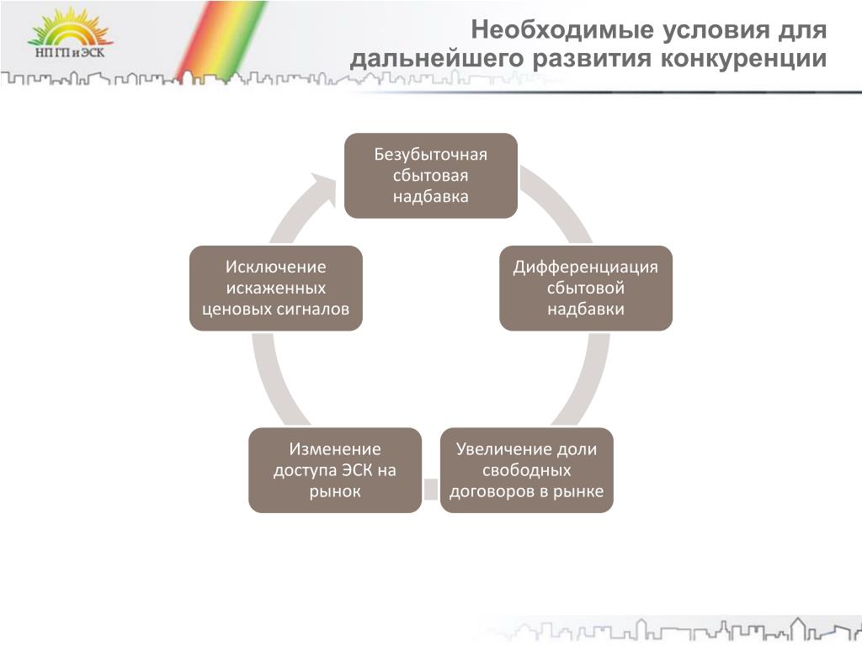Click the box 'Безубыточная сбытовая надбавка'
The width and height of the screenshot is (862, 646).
tap(430, 176)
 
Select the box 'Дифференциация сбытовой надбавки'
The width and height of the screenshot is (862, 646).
tap(586, 288)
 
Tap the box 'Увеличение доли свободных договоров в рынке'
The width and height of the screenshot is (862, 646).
tap(527, 470)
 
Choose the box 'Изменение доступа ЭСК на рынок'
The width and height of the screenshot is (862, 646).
tap(335, 470)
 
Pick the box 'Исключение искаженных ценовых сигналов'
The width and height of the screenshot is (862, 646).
tap(276, 288)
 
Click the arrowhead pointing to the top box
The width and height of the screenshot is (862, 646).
tap(323, 188)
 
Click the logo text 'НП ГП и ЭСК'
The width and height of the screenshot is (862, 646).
tap(69, 53)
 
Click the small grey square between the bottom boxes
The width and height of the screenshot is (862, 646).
tap(431, 489)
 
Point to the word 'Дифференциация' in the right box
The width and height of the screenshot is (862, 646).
tap(586, 267)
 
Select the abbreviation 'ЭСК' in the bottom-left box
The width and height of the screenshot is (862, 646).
tap(357, 470)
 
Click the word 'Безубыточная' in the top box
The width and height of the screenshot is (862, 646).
tap(430, 155)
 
